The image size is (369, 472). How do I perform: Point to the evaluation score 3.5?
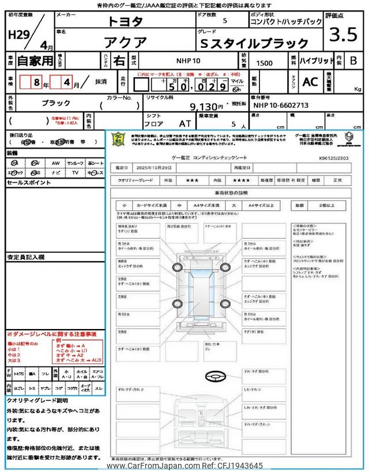342,36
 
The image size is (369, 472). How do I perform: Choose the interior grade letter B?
353,61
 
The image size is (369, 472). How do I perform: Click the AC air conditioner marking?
310,82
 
